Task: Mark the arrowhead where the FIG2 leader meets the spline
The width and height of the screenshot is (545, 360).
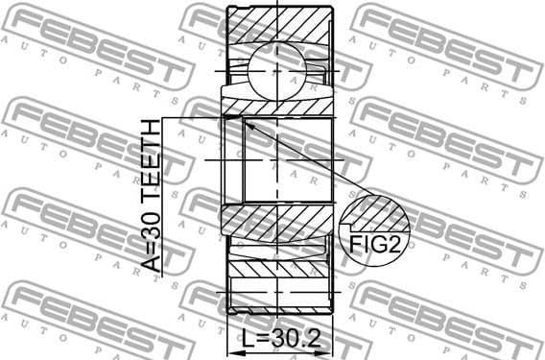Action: [x=245, y=122]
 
